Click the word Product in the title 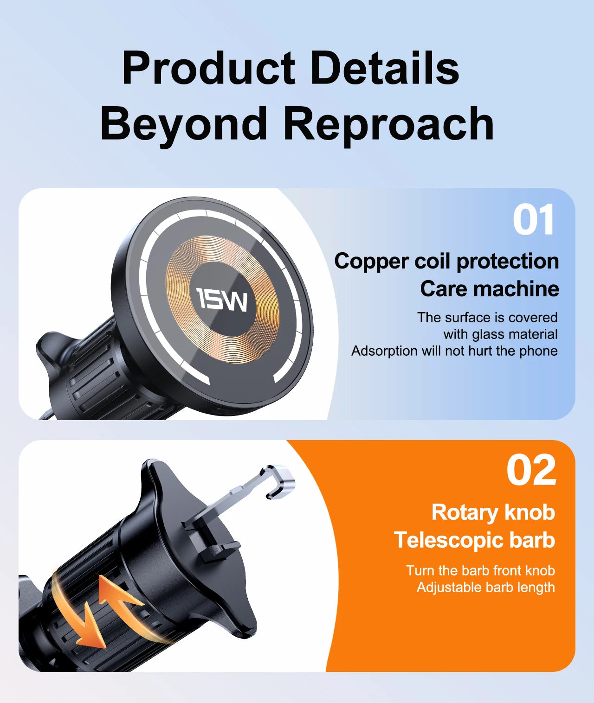(208, 68)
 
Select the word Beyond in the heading (184, 124)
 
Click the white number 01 (533, 221)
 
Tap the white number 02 (531, 470)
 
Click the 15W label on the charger (222, 299)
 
